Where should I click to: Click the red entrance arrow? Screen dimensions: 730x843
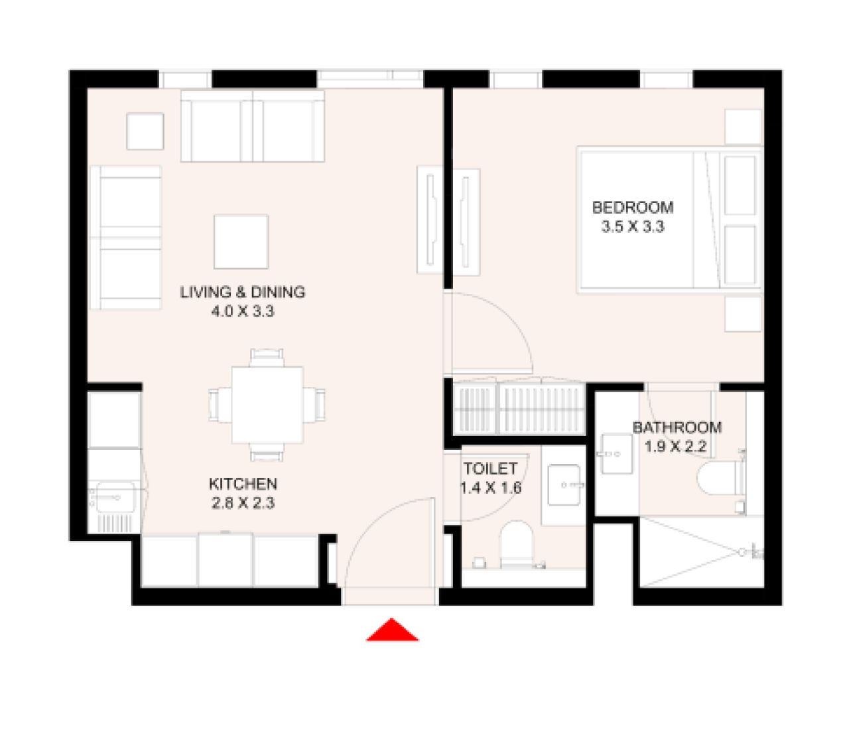coord(392,631)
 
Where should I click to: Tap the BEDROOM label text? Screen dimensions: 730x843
coord(632,208)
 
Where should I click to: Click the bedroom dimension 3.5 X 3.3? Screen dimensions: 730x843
coord(632,227)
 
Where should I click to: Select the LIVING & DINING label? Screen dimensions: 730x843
coord(243,292)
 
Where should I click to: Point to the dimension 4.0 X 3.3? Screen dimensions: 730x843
coord(243,311)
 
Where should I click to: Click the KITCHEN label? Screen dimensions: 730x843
coord(243,484)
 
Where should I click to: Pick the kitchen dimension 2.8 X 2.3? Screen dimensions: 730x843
coord(243,503)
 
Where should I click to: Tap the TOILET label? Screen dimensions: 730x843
coord(490,469)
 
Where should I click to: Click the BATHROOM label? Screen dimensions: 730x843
coord(677,427)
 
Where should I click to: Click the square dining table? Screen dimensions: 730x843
coord(267,405)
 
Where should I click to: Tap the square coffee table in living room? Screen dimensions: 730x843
coord(241,241)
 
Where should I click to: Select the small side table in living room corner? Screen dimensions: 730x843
coord(145,131)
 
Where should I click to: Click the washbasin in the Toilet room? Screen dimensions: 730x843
coord(564,484)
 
